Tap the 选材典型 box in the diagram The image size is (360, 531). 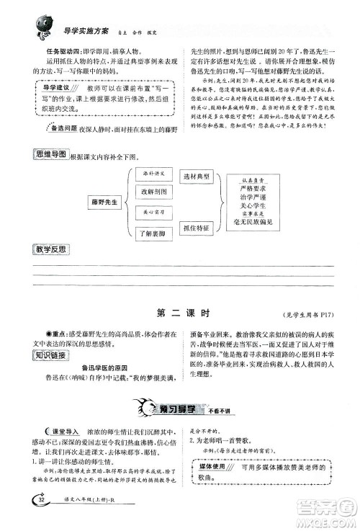point(197,177)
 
